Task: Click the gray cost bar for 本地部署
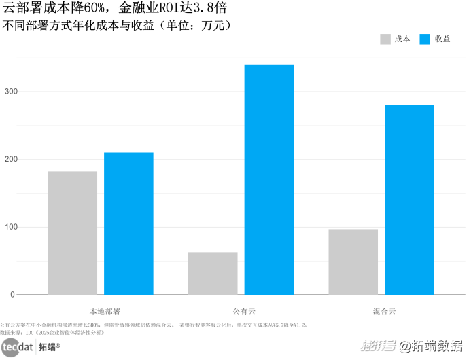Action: pyautogui.click(x=73, y=233)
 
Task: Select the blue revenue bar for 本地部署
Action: pyautogui.click(x=128, y=223)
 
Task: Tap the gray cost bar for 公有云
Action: pyautogui.click(x=213, y=273)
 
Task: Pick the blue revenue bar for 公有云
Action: pyautogui.click(x=269, y=179)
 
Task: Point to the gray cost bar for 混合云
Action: pyautogui.click(x=353, y=262)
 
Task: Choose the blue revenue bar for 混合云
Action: pyautogui.click(x=409, y=200)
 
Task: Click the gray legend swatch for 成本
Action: pyautogui.click(x=385, y=39)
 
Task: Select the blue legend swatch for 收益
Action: pyautogui.click(x=427, y=39)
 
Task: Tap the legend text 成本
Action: pyautogui.click(x=402, y=39)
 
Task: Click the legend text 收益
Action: pyautogui.click(x=443, y=39)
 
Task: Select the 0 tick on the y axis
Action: pyautogui.click(x=12, y=295)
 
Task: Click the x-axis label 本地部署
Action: pyautogui.click(x=101, y=311)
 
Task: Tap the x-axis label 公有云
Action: pyautogui.click(x=241, y=311)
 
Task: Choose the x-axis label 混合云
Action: pyautogui.click(x=381, y=311)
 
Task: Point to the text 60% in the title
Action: pyautogui.click(x=97, y=9)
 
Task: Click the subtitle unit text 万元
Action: pyautogui.click(x=214, y=26)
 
